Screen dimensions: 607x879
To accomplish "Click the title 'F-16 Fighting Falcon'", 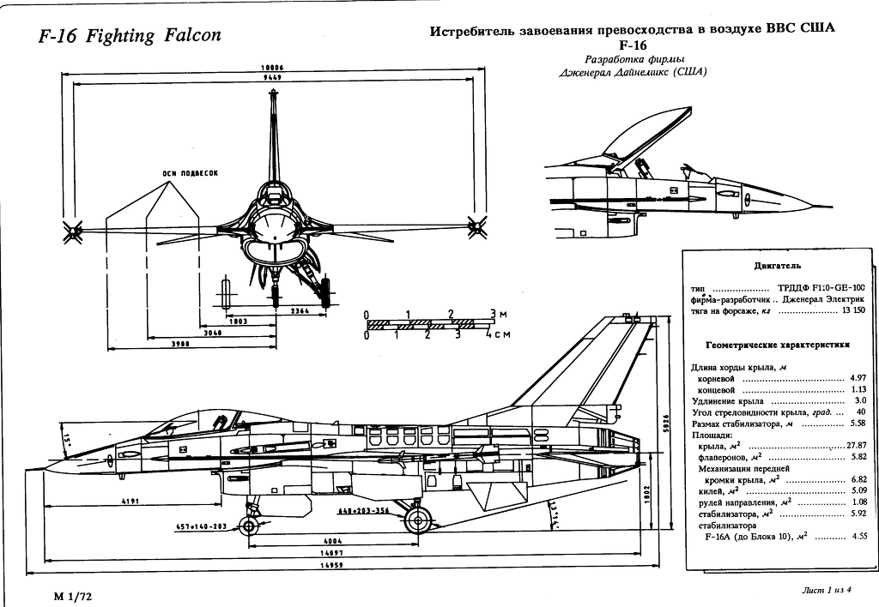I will pyautogui.click(x=130, y=36).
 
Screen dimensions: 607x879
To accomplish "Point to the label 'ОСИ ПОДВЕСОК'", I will pyautogui.click(x=190, y=172).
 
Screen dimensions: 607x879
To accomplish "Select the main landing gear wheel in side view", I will pyautogui.click(x=418, y=520).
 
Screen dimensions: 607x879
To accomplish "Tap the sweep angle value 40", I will pyautogui.click(x=861, y=412).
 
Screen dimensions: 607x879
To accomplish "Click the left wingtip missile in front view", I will pyautogui.click(x=72, y=228).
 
